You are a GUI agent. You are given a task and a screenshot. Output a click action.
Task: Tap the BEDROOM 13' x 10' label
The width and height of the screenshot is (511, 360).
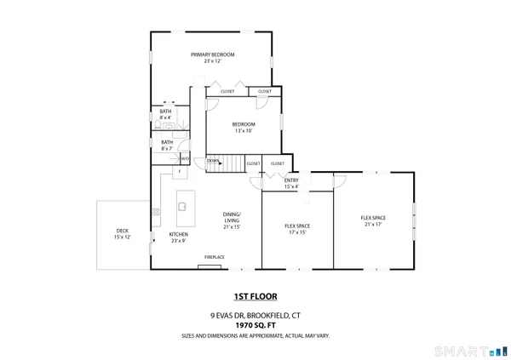[x=244, y=128]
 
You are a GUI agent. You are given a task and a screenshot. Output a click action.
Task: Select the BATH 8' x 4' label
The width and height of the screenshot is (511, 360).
[x=165, y=115]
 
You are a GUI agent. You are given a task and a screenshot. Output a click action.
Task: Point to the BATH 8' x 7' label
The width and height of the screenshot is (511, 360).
[x=167, y=146]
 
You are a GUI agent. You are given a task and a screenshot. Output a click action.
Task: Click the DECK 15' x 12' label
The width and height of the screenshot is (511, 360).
[x=123, y=234]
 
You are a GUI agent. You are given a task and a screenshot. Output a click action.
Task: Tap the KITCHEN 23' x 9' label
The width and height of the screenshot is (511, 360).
[x=179, y=237]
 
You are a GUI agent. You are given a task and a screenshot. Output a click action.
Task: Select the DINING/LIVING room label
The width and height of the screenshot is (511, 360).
[x=232, y=220]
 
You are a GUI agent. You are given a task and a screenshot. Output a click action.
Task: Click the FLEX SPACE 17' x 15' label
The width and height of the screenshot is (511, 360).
[x=296, y=229]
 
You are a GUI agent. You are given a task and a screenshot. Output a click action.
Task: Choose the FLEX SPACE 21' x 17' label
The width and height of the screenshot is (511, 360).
[x=373, y=221]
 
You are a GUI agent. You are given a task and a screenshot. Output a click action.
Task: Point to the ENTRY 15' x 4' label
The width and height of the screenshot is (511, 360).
[x=291, y=184]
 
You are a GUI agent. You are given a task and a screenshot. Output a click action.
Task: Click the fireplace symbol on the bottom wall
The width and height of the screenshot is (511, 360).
[x=209, y=266]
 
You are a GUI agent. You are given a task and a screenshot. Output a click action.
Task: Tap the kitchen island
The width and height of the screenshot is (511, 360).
[x=182, y=204]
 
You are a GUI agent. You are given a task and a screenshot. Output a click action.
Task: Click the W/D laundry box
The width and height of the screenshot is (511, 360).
[x=184, y=157]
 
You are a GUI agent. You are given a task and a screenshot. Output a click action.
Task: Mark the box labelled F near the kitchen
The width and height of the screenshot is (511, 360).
[x=179, y=172]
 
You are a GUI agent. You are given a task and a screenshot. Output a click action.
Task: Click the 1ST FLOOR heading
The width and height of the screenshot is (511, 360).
[x=255, y=297]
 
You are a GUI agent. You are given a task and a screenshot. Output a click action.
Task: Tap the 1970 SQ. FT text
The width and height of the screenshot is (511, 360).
[x=255, y=325]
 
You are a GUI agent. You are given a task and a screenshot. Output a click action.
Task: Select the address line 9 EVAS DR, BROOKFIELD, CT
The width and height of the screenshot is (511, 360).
[x=255, y=315]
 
